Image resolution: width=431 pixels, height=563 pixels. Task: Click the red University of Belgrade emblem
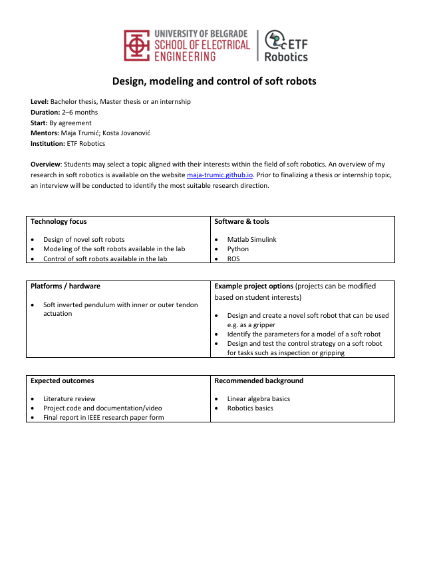(x=137, y=45)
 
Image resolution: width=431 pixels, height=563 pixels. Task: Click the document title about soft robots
(x=214, y=82)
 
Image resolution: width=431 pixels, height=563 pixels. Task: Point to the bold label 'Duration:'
(x=45, y=113)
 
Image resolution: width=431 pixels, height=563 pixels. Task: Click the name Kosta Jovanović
(x=129, y=133)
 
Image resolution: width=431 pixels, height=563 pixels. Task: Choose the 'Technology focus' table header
(x=59, y=221)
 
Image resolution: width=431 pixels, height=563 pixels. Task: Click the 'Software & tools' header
(x=241, y=221)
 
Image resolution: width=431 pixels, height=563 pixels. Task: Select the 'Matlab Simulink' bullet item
(x=251, y=239)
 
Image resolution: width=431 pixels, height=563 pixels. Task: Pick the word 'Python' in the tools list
(x=238, y=249)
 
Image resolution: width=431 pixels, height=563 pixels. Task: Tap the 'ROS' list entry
(x=234, y=259)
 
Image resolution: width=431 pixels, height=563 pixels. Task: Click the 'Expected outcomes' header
(x=62, y=380)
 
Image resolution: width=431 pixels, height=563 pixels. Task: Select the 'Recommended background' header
(x=259, y=380)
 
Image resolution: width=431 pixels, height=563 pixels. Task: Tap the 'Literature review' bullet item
(x=69, y=399)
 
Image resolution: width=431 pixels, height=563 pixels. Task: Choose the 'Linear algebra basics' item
(x=259, y=399)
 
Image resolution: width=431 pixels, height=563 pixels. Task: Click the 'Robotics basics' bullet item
(x=250, y=408)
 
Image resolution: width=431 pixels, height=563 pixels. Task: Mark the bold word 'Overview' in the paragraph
(x=46, y=164)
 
